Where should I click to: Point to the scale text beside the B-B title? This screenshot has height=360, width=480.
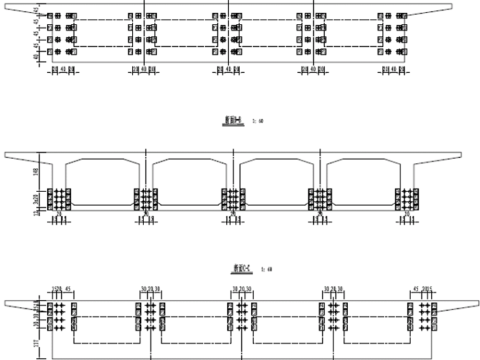click(258, 119)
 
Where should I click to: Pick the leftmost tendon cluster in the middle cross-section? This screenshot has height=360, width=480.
click(60, 200)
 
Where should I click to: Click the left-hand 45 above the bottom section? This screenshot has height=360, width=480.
click(68, 291)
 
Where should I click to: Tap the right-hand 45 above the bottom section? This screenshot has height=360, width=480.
click(416, 291)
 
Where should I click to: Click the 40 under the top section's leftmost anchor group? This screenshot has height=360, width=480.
click(62, 69)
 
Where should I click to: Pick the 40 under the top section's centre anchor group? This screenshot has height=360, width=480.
click(228, 69)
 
